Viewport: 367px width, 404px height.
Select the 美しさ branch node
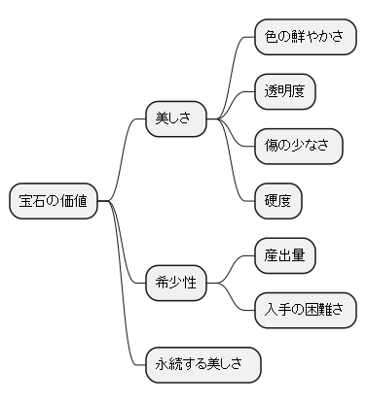(175, 118)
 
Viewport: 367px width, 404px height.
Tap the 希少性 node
(175, 283)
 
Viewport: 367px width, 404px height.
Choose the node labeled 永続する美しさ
(202, 365)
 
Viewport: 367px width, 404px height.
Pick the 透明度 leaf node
(284, 91)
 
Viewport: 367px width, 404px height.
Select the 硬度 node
(277, 201)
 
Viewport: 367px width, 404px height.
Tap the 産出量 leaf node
(284, 255)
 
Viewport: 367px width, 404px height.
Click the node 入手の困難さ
(304, 310)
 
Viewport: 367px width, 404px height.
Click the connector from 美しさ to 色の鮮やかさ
(235, 68)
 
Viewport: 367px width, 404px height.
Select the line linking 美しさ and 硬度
(235, 170)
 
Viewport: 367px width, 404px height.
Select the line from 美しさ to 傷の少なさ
(235, 134)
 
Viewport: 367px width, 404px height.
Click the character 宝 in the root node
(26, 201)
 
